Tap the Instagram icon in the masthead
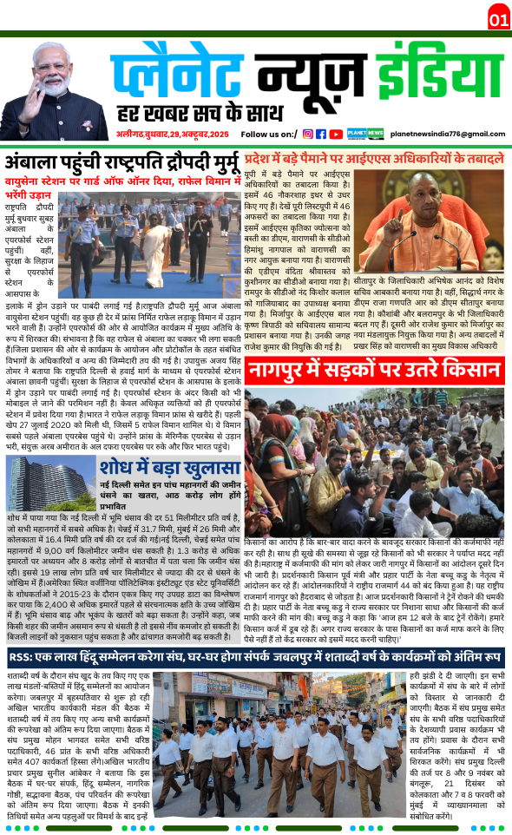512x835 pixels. tap(307, 134)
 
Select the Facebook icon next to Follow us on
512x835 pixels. tap(321, 134)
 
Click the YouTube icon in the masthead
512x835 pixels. tap(336, 134)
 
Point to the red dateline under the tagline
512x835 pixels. tap(174, 135)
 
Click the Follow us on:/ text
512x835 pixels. tap(269, 135)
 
